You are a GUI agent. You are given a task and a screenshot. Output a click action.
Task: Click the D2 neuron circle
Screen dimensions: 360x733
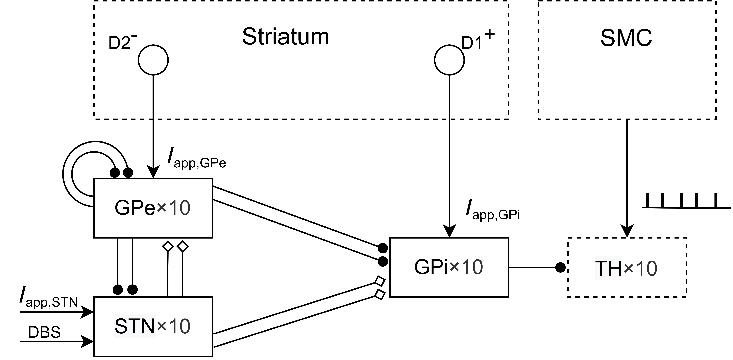[153, 60]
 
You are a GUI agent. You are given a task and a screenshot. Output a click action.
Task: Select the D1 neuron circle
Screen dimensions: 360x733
[449, 60]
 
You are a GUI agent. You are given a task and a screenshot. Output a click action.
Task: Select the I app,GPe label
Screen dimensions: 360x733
[196, 159]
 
